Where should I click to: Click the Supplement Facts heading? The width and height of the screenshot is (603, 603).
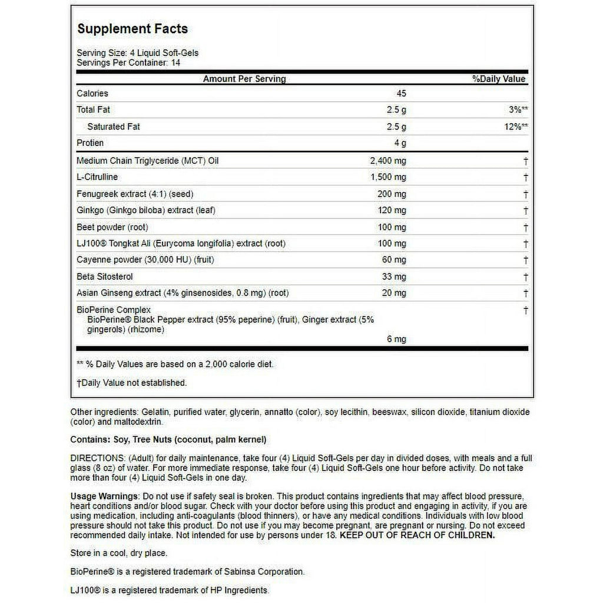(132, 29)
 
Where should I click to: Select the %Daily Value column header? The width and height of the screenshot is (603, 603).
(498, 79)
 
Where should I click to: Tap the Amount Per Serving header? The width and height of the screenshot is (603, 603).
(244, 79)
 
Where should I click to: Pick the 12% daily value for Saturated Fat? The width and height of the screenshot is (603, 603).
(513, 127)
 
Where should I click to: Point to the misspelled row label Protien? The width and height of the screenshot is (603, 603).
(90, 143)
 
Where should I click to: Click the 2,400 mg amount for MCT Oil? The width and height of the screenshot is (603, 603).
(387, 161)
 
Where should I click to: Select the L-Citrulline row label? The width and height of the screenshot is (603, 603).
(97, 177)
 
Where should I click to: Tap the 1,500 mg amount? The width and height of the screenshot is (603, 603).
(387, 177)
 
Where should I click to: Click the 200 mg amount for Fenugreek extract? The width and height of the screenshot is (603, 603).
(392, 194)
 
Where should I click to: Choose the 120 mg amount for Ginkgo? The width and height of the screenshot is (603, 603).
(392, 211)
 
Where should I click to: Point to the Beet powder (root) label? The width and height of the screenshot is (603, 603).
(112, 227)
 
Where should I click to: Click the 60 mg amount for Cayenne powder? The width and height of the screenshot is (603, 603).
(394, 260)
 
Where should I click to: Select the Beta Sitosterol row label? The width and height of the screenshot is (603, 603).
(105, 276)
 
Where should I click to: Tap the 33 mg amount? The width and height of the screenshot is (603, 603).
(394, 276)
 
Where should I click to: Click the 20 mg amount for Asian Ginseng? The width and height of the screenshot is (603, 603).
(394, 293)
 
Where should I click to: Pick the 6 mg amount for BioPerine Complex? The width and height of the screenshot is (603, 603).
(396, 339)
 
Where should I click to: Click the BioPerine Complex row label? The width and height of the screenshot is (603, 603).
(114, 310)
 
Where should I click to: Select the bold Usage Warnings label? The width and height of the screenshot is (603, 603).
(104, 496)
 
